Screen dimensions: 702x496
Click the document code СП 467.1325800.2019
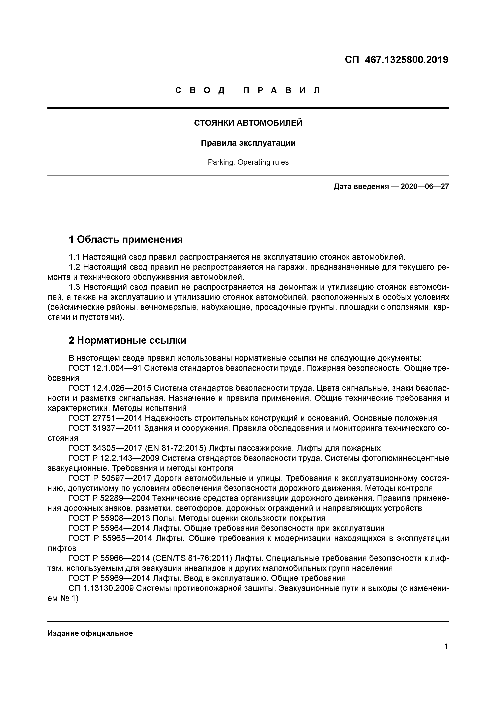coord(396,60)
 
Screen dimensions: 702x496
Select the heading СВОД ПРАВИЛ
coord(248,90)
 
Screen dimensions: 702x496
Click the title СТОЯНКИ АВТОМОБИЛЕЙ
coord(248,123)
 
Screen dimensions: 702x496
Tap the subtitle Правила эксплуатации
coord(248,143)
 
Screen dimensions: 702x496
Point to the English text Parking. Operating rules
coord(248,162)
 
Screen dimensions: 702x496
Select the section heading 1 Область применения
coord(126,239)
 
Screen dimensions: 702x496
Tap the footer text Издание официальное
coord(90,633)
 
